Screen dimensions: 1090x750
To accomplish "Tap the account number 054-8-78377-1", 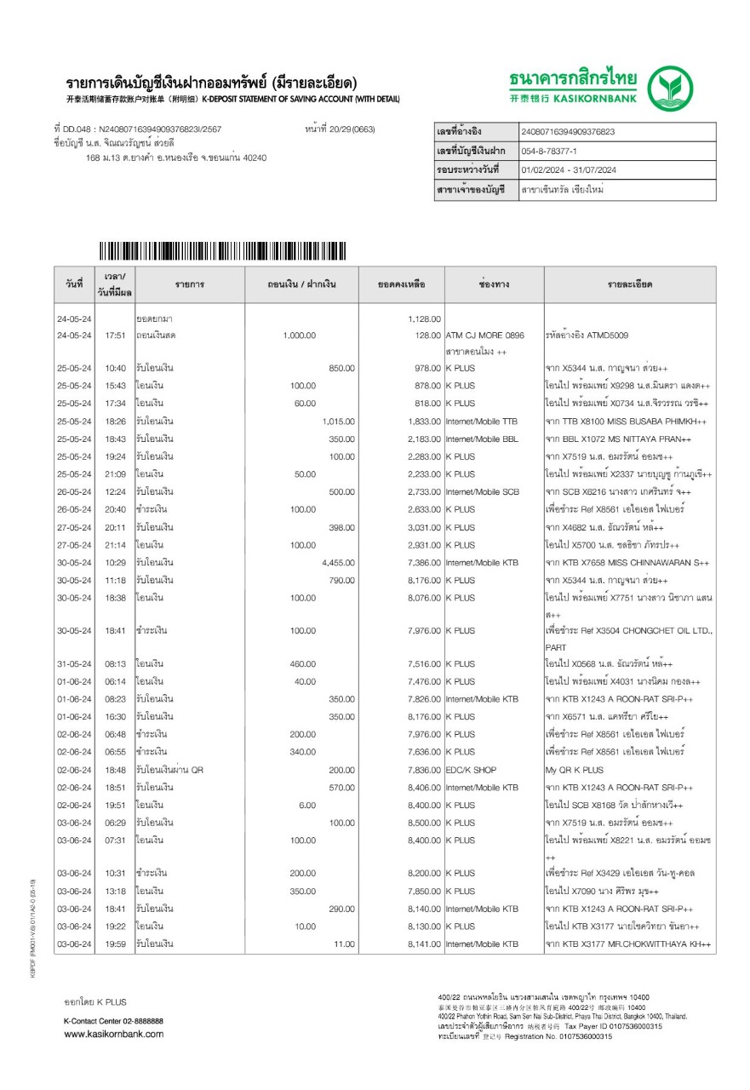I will [x=550, y=151].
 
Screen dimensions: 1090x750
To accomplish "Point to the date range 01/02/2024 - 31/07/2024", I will [x=569, y=170].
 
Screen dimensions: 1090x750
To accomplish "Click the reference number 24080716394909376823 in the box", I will [x=568, y=132].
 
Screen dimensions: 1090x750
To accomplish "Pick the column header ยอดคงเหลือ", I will [x=401, y=284].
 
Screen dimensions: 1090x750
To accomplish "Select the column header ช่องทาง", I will [x=494, y=284].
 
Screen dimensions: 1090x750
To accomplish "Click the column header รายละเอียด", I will [x=630, y=284].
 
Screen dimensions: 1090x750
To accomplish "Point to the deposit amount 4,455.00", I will [x=338, y=563].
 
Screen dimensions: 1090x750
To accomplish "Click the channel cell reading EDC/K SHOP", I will [x=471, y=770].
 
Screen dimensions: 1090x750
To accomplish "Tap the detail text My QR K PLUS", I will [x=575, y=770].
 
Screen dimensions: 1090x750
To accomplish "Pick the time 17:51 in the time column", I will [x=115, y=336].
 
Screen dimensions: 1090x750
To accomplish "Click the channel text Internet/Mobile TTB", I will [x=481, y=422].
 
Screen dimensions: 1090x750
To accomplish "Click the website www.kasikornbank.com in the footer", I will [x=114, y=1034].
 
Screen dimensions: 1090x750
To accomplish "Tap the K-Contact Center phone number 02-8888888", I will [x=139, y=1020].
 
